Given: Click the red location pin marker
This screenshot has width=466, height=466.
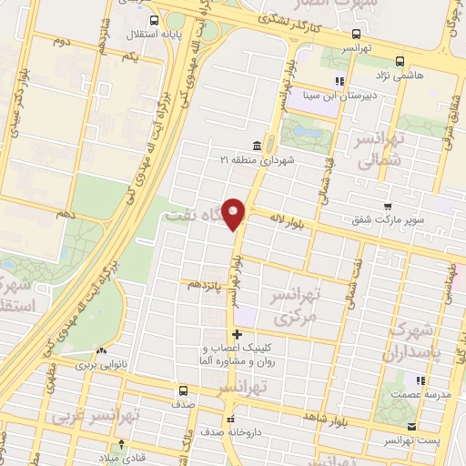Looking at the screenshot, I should coord(235,212).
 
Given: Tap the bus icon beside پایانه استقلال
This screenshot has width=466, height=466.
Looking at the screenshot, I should coord(154,20).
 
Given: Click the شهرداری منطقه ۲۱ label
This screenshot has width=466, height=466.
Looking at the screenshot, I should coord(252,159).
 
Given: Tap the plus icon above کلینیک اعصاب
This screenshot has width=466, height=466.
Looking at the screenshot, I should coord(238,334).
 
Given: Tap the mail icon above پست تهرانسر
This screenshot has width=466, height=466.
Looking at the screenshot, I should coord(413,427).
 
